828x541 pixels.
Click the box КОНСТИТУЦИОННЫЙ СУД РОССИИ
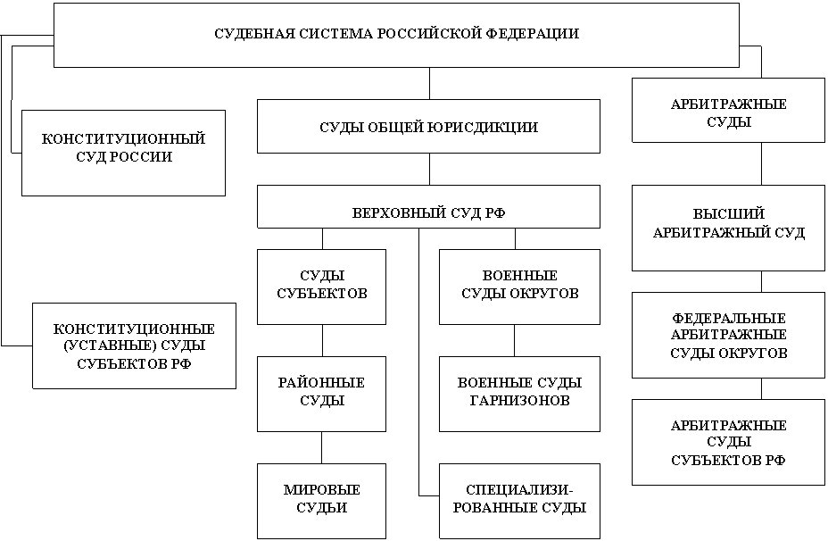123,154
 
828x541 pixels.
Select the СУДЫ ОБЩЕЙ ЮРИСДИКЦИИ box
428,126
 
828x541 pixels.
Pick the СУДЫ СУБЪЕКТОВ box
321,287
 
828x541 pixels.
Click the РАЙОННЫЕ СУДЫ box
321,394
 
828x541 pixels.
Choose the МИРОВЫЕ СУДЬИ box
321,502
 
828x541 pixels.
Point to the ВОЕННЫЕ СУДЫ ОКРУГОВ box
519,287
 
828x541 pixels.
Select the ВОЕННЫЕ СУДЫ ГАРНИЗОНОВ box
519,394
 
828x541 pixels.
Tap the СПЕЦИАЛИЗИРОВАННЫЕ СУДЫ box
519,502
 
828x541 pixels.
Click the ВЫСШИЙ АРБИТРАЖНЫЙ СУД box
728,229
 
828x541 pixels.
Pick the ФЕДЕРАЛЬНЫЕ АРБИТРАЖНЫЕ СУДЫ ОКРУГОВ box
728,336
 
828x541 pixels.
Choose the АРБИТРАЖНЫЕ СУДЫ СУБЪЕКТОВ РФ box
728,442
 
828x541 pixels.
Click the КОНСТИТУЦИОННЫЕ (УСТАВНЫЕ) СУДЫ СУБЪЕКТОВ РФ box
134,346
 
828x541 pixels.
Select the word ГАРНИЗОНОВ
519,401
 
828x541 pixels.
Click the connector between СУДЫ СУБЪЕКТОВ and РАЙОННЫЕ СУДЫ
322,341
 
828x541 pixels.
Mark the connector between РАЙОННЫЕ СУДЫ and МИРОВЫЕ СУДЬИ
321,448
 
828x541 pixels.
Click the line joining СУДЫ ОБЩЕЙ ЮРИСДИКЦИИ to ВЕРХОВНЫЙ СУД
429,169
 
